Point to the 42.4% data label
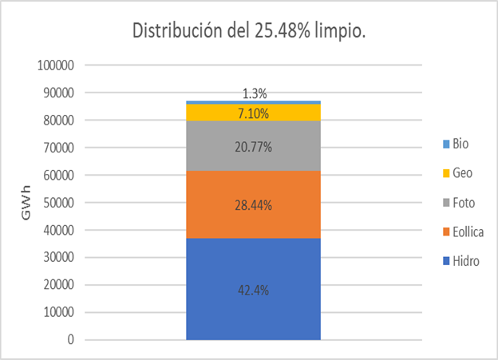[x=252, y=291]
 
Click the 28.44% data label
[x=252, y=205]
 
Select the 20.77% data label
[x=252, y=147]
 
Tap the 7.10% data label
[x=252, y=113]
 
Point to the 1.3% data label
[x=253, y=94]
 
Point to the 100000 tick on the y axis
[x=56, y=65]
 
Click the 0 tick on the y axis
[x=70, y=340]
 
